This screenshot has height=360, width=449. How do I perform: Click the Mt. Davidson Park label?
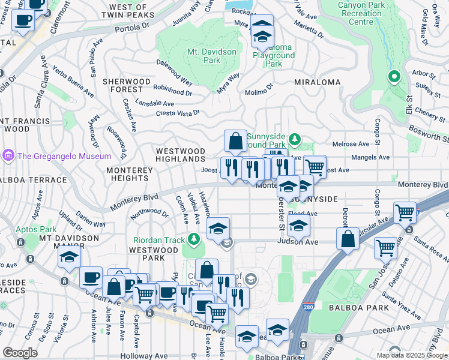click(212, 56)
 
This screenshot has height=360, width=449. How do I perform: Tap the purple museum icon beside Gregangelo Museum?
click(8, 156)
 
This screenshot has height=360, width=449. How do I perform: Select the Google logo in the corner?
click(20, 352)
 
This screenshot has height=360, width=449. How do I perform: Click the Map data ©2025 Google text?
click(411, 355)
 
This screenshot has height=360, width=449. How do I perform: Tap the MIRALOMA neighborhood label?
click(318, 82)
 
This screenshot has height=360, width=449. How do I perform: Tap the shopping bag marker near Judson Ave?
click(348, 238)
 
